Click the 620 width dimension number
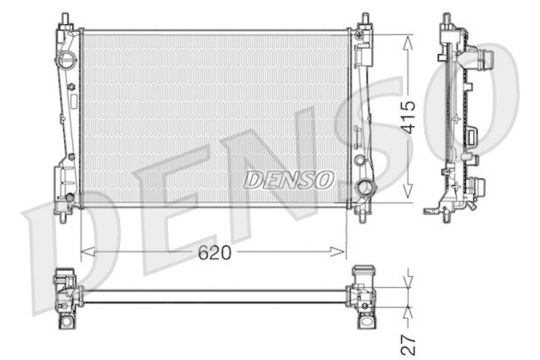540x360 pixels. coord(215,253)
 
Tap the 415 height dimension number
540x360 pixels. coord(406,118)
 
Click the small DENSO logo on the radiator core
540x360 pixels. coord(289,179)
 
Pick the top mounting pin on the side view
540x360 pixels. coord(447,18)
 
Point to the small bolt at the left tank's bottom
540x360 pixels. coord(68,198)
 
